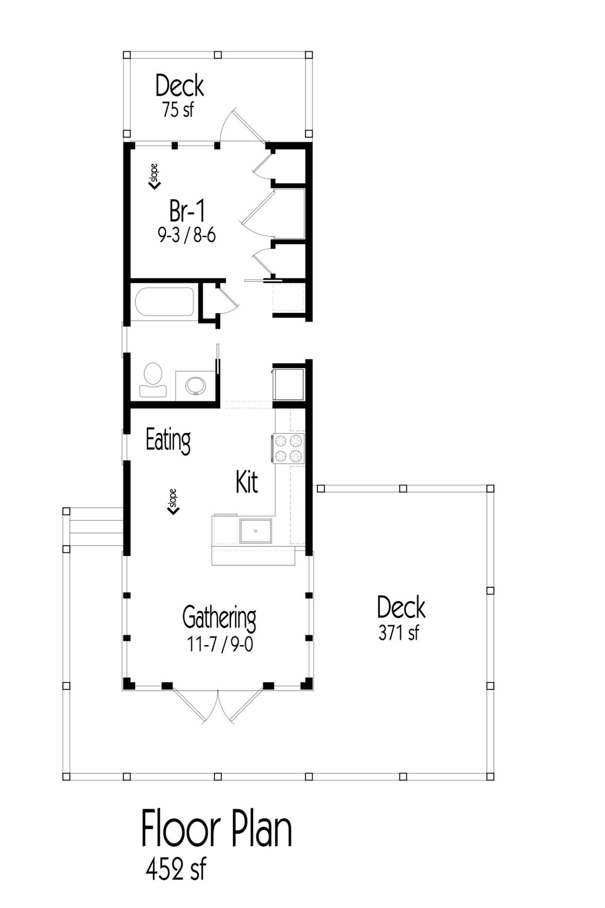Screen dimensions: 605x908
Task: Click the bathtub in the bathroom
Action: tap(164, 301)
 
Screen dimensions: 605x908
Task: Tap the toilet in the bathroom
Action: tap(153, 380)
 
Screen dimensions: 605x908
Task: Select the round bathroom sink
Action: tap(196, 385)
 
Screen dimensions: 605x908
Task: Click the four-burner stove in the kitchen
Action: tap(288, 448)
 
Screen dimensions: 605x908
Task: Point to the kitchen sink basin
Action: tap(255, 531)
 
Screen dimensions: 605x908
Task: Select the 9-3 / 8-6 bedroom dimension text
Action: tap(187, 235)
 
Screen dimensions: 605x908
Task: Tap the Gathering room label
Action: tap(219, 617)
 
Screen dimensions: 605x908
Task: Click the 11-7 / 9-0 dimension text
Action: tap(220, 644)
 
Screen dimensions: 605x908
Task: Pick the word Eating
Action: tap(168, 441)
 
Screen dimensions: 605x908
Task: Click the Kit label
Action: tap(247, 482)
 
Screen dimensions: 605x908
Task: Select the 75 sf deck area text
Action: tap(178, 110)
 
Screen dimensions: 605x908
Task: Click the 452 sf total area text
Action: tap(176, 869)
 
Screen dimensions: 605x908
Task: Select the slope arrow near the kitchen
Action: tap(173, 502)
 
